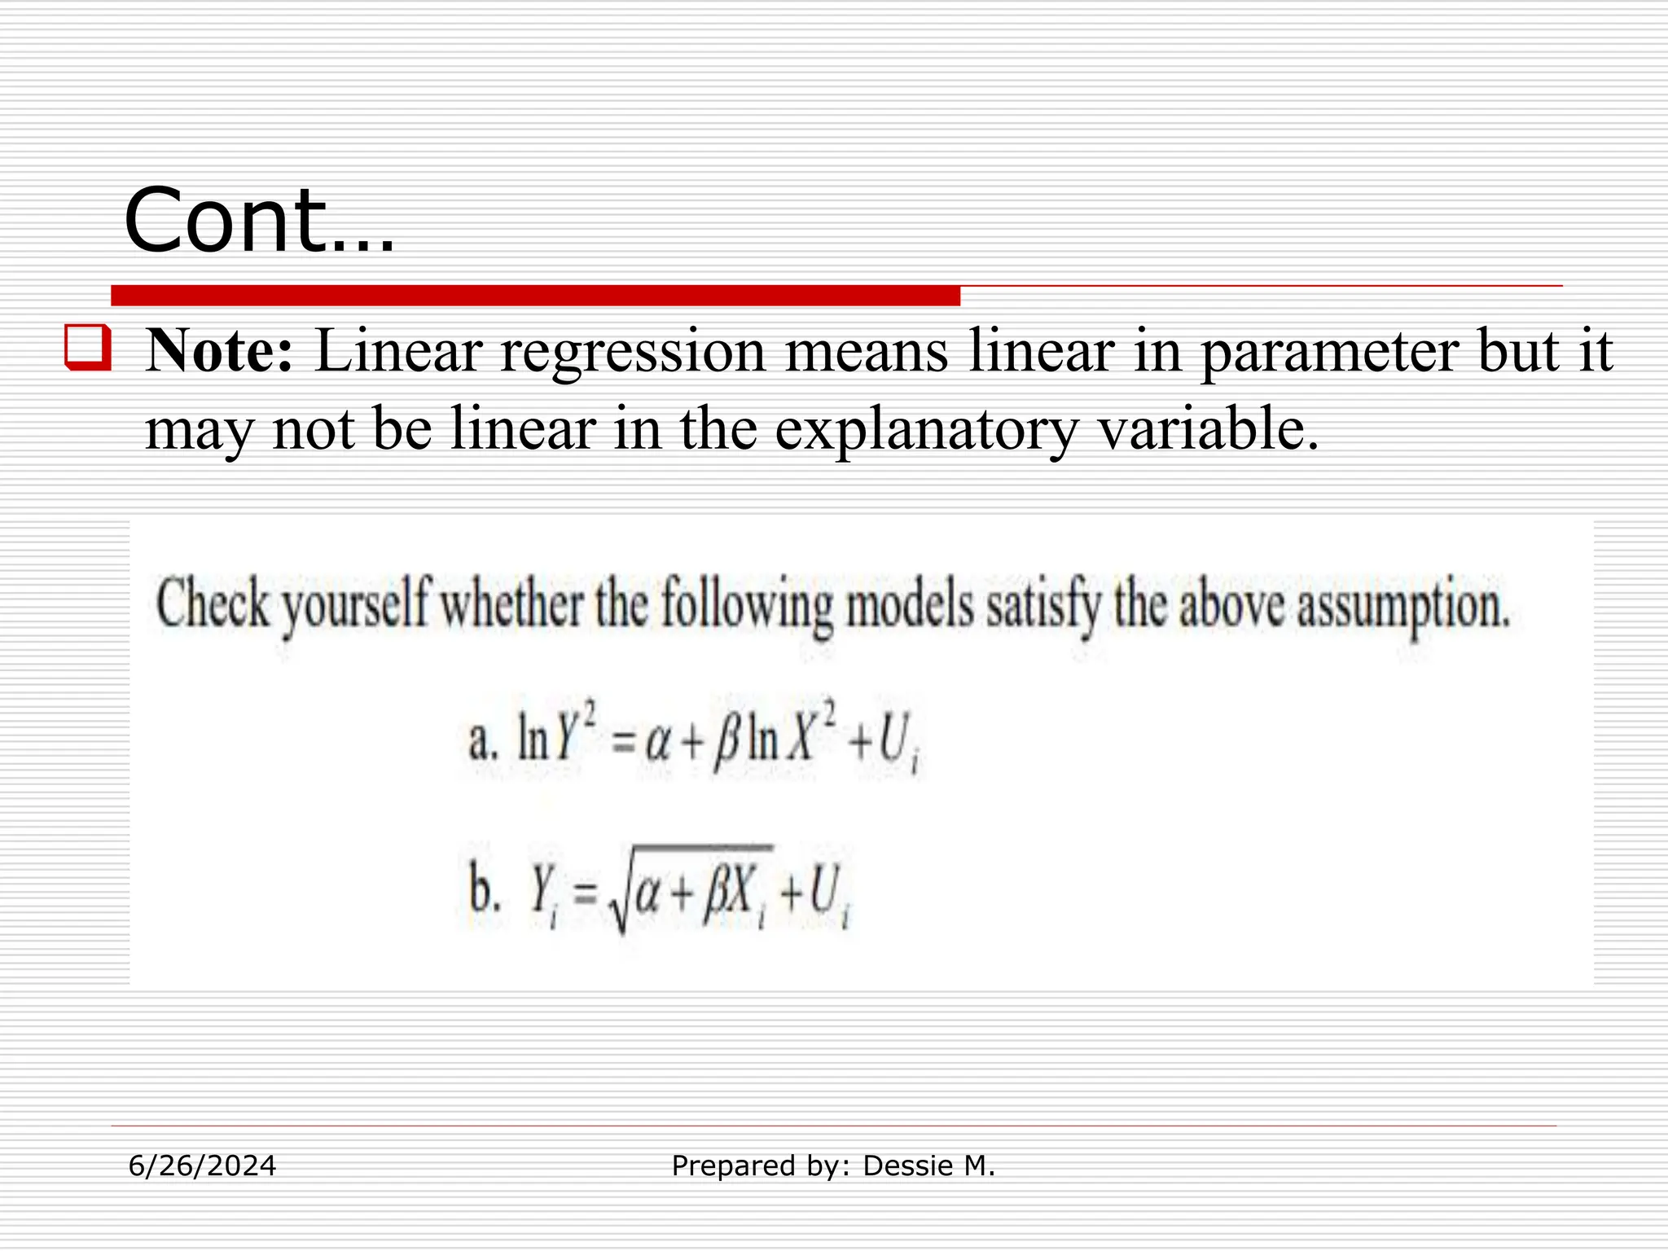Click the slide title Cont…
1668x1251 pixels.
259,220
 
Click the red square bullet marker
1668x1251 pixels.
87,348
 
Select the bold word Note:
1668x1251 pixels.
218,351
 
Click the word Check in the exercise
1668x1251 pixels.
212,605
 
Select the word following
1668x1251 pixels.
747,607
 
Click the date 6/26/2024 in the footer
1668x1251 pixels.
203,1166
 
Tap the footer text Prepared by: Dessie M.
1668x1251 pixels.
833,1166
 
